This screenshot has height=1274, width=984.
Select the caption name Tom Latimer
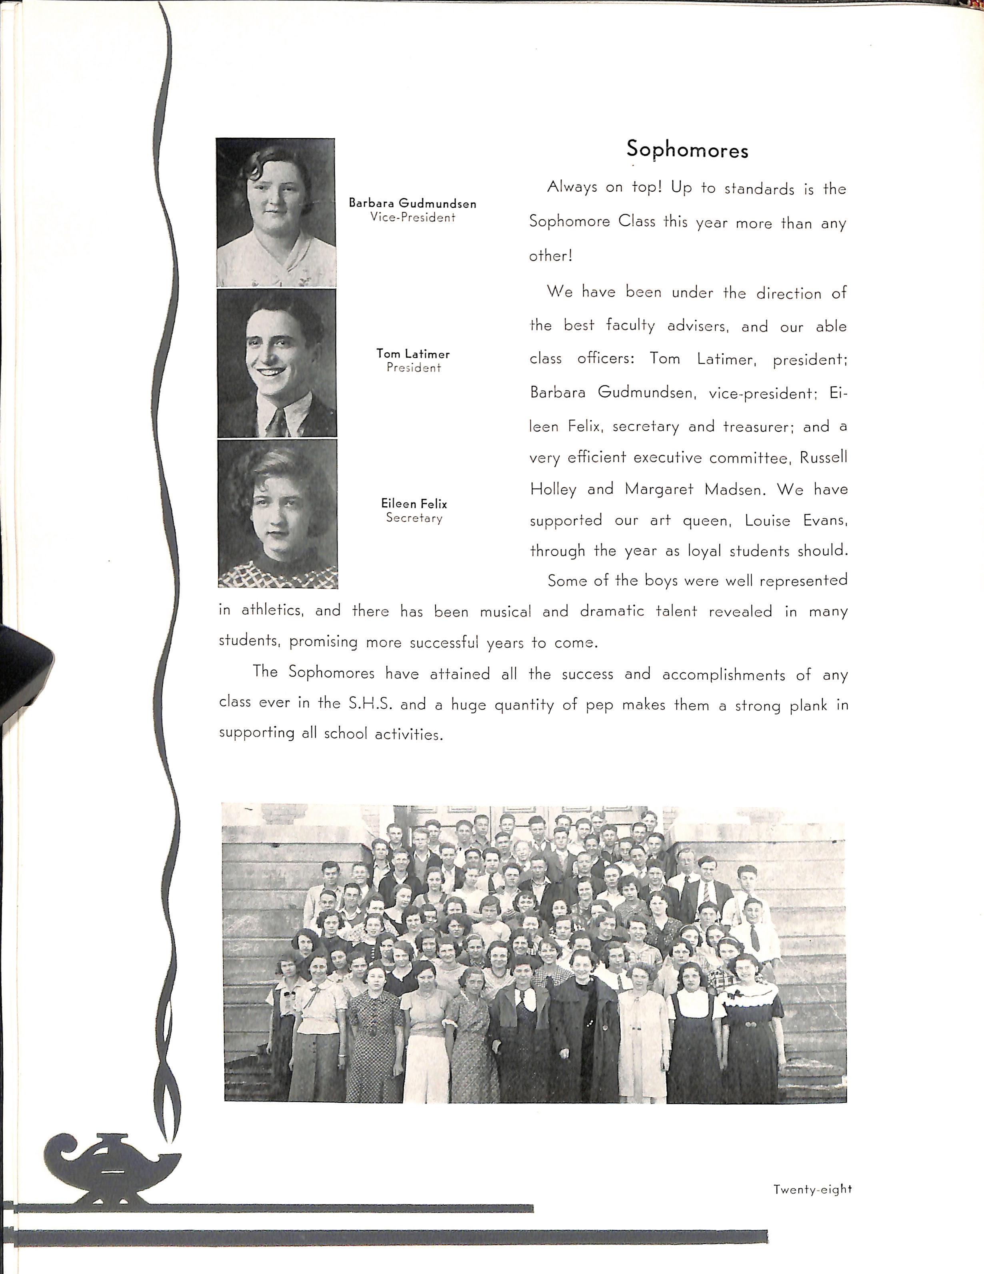click(413, 353)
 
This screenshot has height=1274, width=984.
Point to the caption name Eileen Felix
click(414, 504)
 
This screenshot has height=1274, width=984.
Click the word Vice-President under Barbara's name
click(413, 218)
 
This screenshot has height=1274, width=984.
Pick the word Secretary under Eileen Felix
click(414, 518)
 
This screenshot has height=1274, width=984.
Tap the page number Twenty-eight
click(812, 1172)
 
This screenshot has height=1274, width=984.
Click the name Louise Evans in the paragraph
click(796, 520)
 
